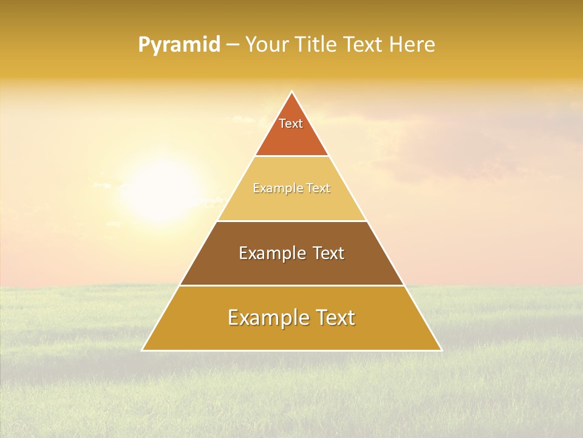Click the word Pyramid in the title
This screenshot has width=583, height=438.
(x=179, y=45)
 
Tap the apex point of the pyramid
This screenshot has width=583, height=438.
(x=291, y=92)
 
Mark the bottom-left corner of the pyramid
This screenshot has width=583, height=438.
(x=143, y=350)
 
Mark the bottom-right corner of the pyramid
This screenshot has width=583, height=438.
(x=441, y=350)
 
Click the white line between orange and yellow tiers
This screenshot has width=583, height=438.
(x=291, y=156)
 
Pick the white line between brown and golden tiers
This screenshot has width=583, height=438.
(x=291, y=285)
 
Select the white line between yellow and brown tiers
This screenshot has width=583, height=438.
(x=291, y=221)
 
